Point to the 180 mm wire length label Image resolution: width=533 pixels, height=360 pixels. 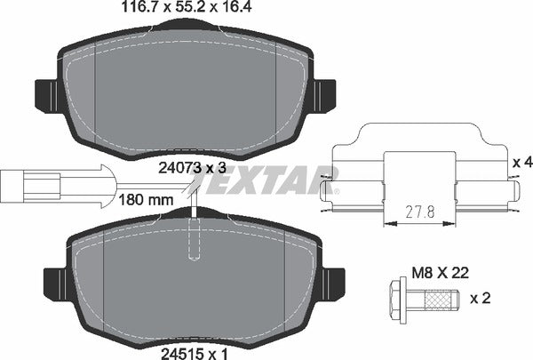(x=145, y=200)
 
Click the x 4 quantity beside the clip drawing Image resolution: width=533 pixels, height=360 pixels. (x=522, y=163)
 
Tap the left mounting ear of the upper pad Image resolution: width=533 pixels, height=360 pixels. (x=47, y=92)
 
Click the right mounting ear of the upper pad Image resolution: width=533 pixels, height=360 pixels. (x=323, y=92)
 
